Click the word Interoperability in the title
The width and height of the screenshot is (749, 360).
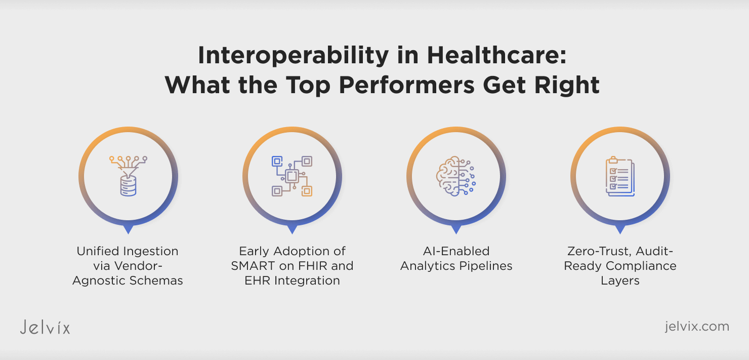coord(293,56)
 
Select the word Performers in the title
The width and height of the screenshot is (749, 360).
coord(406,86)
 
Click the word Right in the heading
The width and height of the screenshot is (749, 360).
coord(567,85)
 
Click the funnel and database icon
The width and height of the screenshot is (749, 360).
coord(129,176)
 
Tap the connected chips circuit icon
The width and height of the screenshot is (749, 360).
coord(292,176)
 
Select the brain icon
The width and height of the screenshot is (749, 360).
coord(456,176)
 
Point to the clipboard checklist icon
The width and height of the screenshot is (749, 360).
coord(620,176)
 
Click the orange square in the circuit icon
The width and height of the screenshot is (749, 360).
coord(307,191)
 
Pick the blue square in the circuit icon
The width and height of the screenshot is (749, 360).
coord(277,161)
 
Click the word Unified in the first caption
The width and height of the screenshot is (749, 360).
coord(98,251)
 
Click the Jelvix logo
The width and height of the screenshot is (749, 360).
coord(45,327)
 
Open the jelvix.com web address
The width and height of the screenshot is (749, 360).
coord(697,326)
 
